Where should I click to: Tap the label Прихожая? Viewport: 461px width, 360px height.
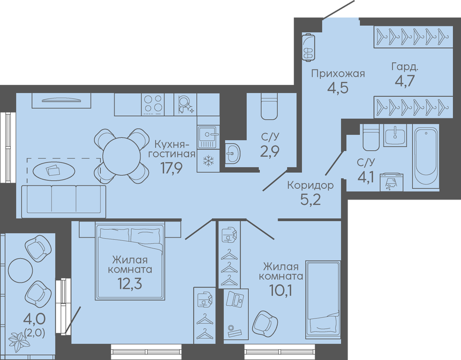point(338,73)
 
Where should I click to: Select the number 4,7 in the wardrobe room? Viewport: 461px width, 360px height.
point(404,81)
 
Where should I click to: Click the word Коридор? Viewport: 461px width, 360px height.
point(310,185)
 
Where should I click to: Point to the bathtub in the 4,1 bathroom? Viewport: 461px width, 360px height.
point(426,156)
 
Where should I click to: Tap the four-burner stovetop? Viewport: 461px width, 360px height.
point(153,104)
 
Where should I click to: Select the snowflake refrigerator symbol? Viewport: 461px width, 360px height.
point(209,160)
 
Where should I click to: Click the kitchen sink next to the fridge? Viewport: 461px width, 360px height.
point(209,136)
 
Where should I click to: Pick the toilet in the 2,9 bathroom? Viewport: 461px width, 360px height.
point(269,106)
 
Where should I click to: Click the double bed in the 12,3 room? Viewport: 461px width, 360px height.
point(130,261)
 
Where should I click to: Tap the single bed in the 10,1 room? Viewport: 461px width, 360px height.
point(323,299)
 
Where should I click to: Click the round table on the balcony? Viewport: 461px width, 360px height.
point(20,270)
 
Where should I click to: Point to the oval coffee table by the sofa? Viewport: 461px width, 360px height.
point(53,170)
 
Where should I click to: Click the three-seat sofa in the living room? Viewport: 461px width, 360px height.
point(64,200)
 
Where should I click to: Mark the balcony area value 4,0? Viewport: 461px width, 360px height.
point(35,318)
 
